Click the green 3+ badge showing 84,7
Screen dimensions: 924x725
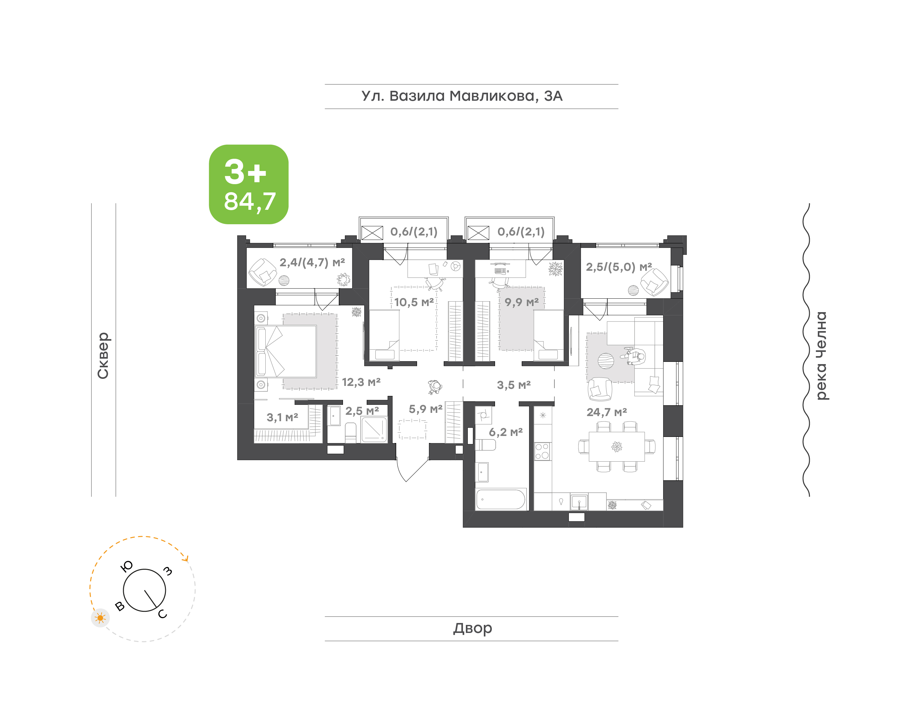point(248,184)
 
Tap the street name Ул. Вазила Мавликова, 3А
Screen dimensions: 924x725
point(462,96)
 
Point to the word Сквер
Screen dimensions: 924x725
point(103,355)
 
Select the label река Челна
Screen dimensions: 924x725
point(822,356)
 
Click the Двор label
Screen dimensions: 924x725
point(472,628)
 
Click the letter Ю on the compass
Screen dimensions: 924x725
point(127,566)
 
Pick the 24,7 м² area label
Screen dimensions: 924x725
point(606,412)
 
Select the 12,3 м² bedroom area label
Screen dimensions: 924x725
point(361,382)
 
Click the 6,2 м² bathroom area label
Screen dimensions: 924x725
point(506,432)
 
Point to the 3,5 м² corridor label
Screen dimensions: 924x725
point(514,385)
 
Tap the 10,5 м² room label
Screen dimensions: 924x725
point(414,302)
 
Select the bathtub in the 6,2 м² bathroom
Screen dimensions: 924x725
point(501,499)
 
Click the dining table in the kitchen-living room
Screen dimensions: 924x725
point(616,446)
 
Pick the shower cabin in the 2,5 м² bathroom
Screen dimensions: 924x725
point(373,430)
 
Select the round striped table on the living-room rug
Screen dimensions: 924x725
point(606,361)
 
